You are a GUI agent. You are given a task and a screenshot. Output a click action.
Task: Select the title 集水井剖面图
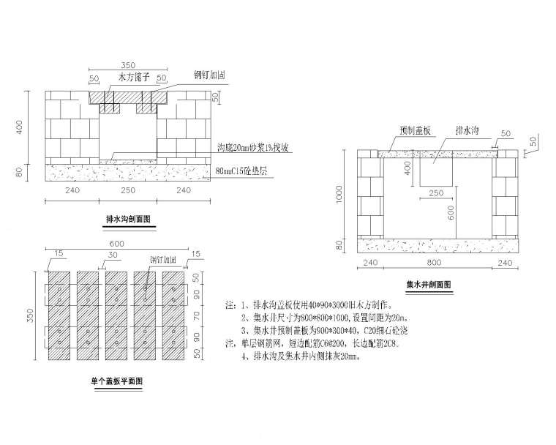coord(429,283)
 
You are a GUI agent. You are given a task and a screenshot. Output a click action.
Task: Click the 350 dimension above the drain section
coord(128,65)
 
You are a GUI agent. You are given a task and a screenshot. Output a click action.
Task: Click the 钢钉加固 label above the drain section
coord(209,75)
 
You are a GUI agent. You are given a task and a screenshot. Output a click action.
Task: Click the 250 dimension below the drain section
coord(128,190)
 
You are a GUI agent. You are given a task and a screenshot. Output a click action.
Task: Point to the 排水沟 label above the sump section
coord(467,130)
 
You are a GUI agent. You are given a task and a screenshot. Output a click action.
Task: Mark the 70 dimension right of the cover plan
coord(195,318)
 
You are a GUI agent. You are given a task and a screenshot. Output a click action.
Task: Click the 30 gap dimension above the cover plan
coord(111,256)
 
